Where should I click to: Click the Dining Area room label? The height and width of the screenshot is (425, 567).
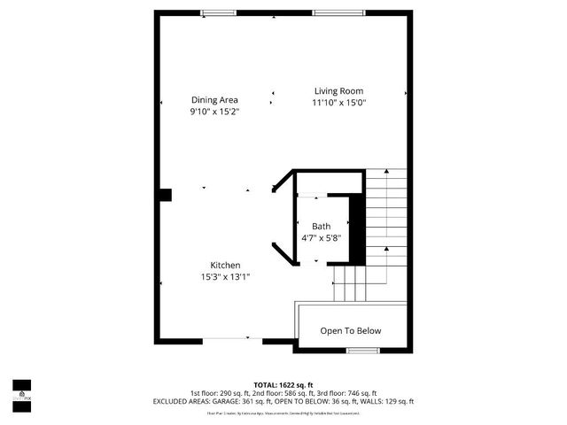click(214, 100)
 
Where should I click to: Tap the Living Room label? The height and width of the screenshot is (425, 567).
click(338, 91)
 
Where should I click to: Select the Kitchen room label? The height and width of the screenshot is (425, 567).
click(225, 266)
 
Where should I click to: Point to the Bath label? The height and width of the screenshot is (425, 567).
click(321, 227)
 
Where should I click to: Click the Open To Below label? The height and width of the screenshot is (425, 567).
click(351, 331)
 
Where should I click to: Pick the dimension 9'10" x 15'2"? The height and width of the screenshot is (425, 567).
click(214, 112)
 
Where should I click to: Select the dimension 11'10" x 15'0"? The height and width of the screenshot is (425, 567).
click(338, 103)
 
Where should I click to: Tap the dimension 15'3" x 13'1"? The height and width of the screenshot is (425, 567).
click(225, 277)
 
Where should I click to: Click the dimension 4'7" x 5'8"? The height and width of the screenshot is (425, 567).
click(321, 238)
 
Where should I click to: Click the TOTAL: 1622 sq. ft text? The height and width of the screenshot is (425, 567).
click(283, 384)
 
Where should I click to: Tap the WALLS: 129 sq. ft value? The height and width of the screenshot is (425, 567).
click(385, 402)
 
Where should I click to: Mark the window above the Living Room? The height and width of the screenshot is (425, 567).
click(330, 12)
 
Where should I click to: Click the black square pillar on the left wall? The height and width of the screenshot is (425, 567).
click(164, 196)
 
